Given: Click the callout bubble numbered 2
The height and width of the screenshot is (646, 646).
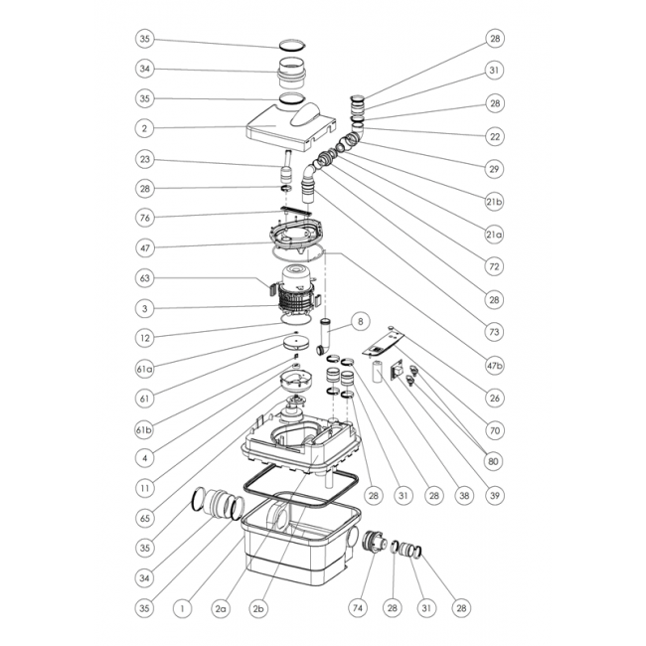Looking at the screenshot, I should [145, 129].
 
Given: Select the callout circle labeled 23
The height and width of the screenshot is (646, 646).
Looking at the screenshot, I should [145, 159].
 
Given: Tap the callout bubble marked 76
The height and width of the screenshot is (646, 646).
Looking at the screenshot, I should [145, 217].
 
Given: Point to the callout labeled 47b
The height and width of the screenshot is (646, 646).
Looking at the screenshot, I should [495, 366].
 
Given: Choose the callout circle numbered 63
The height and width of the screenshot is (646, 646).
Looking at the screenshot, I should [145, 280].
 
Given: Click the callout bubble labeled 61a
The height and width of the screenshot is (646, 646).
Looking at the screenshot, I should [145, 370].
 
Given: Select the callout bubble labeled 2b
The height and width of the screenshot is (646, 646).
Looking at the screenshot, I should [260, 606].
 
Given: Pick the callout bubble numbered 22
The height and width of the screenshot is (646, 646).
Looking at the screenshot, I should [495, 135].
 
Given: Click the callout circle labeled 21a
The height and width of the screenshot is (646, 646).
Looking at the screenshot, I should [495, 235].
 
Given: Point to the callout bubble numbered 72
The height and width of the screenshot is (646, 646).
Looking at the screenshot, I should [495, 266].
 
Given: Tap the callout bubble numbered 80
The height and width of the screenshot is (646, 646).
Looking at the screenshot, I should [495, 460].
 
